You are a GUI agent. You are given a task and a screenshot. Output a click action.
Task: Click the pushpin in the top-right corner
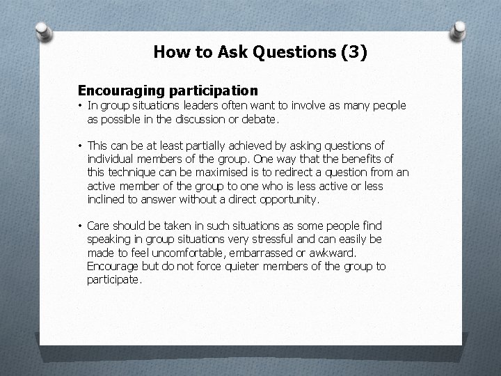(460, 29)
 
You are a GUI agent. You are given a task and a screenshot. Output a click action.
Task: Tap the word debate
(261, 120)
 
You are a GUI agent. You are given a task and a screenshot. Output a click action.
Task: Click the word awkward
(332, 252)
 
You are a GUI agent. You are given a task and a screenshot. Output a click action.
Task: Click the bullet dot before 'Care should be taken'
(81, 226)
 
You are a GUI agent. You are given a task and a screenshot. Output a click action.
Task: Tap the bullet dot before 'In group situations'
(81, 106)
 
